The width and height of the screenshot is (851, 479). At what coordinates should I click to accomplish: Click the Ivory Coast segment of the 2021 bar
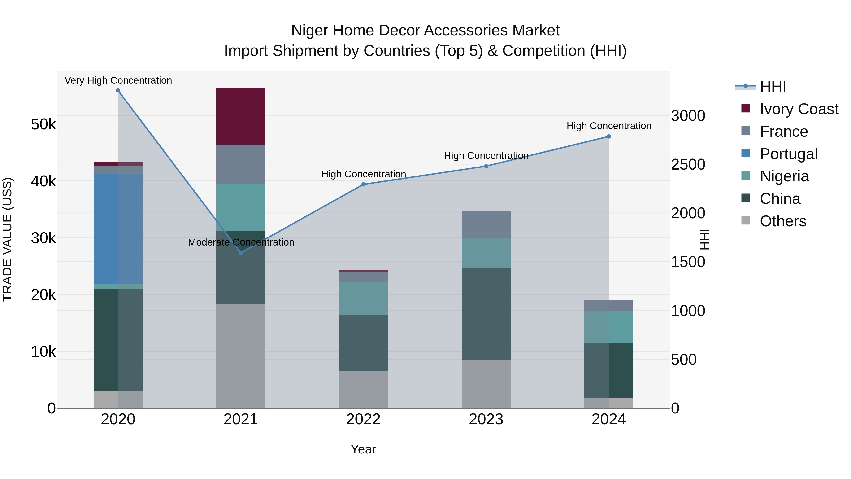click(240, 116)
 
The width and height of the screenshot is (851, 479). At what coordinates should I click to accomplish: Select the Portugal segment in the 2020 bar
click(118, 229)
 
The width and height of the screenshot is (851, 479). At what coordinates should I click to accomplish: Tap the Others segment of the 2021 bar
click(240, 356)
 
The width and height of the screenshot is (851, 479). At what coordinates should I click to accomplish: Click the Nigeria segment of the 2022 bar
click(363, 298)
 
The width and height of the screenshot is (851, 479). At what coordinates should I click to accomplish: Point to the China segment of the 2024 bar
click(608, 370)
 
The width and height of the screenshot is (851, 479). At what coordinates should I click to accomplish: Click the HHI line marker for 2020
click(118, 91)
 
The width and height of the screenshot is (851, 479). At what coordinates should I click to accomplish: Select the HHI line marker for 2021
click(240, 253)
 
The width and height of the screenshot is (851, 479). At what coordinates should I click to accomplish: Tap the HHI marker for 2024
click(608, 136)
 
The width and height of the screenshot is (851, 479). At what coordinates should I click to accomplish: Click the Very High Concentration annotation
click(118, 80)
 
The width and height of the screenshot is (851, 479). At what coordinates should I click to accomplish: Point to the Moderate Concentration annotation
click(240, 242)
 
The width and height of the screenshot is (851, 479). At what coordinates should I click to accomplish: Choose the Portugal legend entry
click(788, 154)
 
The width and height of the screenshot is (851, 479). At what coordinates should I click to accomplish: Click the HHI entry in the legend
click(772, 87)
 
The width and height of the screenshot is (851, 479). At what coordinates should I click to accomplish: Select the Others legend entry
click(783, 221)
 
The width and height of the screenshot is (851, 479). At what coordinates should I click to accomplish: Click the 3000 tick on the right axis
click(688, 116)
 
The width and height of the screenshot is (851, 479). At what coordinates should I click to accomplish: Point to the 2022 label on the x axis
click(363, 419)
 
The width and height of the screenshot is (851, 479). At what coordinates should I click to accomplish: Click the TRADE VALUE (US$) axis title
click(7, 239)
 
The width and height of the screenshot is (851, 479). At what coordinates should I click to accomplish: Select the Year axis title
click(363, 449)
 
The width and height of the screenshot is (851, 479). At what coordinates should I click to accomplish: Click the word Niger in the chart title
click(309, 31)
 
